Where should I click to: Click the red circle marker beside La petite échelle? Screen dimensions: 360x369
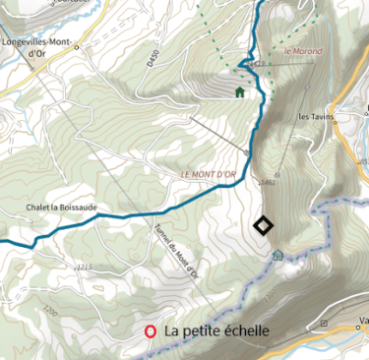[151, 332]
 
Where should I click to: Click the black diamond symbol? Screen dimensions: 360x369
[263, 226]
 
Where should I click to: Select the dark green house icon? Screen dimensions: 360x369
[239, 92]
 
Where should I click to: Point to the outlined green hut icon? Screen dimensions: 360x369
[278, 255]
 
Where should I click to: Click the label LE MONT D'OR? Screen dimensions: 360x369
[209, 175]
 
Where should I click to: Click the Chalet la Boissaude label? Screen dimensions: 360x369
[63, 207]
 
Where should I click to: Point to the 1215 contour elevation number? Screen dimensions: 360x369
[83, 267]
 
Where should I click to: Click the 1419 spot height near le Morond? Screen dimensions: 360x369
[259, 64]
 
